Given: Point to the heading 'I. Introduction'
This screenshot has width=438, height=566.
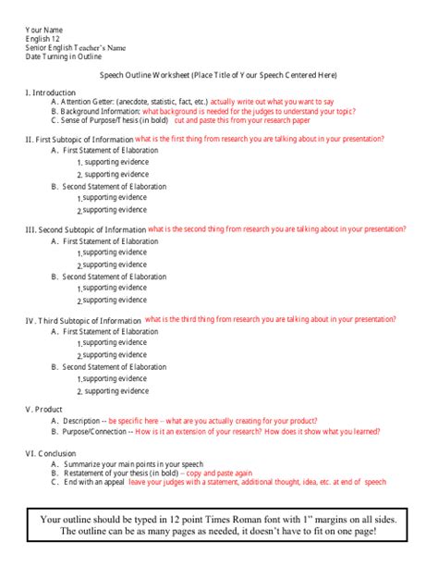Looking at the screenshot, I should pyautogui.click(x=52, y=92).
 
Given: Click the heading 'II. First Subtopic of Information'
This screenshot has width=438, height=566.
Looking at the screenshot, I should pyautogui.click(x=79, y=140).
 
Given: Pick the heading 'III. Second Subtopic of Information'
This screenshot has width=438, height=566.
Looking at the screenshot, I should pyautogui.click(x=84, y=229).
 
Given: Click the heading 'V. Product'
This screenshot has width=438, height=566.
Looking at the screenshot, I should pyautogui.click(x=43, y=409).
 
